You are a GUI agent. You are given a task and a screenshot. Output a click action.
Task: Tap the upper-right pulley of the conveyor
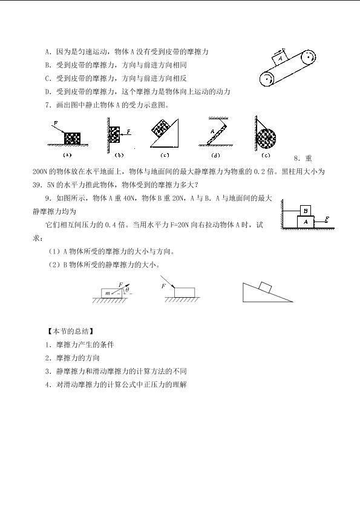[308, 57]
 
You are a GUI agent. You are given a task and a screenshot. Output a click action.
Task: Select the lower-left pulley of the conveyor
[267, 79]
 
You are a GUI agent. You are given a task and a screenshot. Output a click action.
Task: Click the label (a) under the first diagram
[67, 155]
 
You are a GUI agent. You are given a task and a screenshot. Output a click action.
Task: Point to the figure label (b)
[119, 155]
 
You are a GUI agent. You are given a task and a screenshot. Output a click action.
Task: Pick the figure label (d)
[215, 155]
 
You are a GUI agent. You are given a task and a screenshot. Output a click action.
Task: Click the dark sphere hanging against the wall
[266, 138]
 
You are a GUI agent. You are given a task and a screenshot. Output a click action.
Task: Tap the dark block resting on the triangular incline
[162, 129]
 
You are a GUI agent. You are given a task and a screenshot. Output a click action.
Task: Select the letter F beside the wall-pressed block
[128, 131]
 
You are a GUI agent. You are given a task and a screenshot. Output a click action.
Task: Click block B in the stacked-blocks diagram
[305, 211]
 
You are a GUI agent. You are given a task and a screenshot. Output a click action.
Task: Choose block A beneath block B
[306, 222]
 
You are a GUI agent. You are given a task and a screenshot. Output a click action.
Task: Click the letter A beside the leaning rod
[212, 131]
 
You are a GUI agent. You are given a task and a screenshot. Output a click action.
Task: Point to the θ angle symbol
[127, 289]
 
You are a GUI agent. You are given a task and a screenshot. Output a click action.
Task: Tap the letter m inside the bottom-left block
[108, 293]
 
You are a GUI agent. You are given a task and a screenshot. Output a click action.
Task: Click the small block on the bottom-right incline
[265, 287]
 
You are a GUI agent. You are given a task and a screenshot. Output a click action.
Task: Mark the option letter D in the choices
[48, 92]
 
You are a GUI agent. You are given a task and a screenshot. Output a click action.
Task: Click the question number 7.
[48, 105]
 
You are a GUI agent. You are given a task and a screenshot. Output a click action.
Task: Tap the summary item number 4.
[48, 385]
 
